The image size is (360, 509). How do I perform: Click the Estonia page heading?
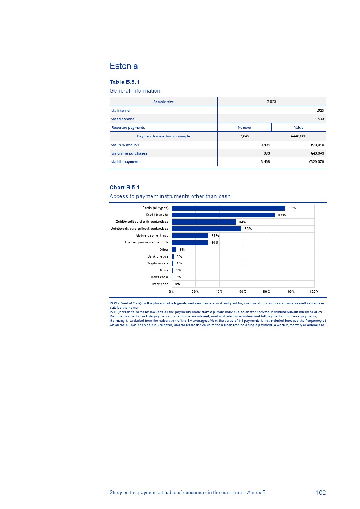(x=124, y=66)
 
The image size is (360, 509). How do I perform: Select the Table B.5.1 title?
(x=124, y=82)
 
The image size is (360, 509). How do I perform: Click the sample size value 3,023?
(x=271, y=102)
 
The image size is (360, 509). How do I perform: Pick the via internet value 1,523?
(x=319, y=111)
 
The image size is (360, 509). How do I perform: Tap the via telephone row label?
(x=123, y=119)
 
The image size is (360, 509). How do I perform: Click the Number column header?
(x=245, y=128)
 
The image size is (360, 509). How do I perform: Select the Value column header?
(x=299, y=128)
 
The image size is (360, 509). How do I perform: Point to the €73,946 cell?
(x=317, y=145)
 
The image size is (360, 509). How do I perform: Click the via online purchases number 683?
(x=267, y=153)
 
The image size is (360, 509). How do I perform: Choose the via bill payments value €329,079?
(x=316, y=162)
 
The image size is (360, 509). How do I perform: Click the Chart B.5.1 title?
(x=124, y=188)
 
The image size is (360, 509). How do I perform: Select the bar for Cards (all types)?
(x=229, y=208)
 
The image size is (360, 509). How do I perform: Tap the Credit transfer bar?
(x=224, y=215)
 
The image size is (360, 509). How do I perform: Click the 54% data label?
(x=243, y=222)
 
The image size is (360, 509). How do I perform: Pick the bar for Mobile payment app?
(x=190, y=236)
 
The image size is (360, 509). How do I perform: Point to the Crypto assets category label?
(x=157, y=263)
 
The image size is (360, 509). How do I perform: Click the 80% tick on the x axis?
(x=266, y=292)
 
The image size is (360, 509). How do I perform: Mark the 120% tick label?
(x=314, y=292)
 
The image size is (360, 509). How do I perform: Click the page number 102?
(x=320, y=493)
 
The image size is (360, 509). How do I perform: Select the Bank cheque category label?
(x=158, y=256)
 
